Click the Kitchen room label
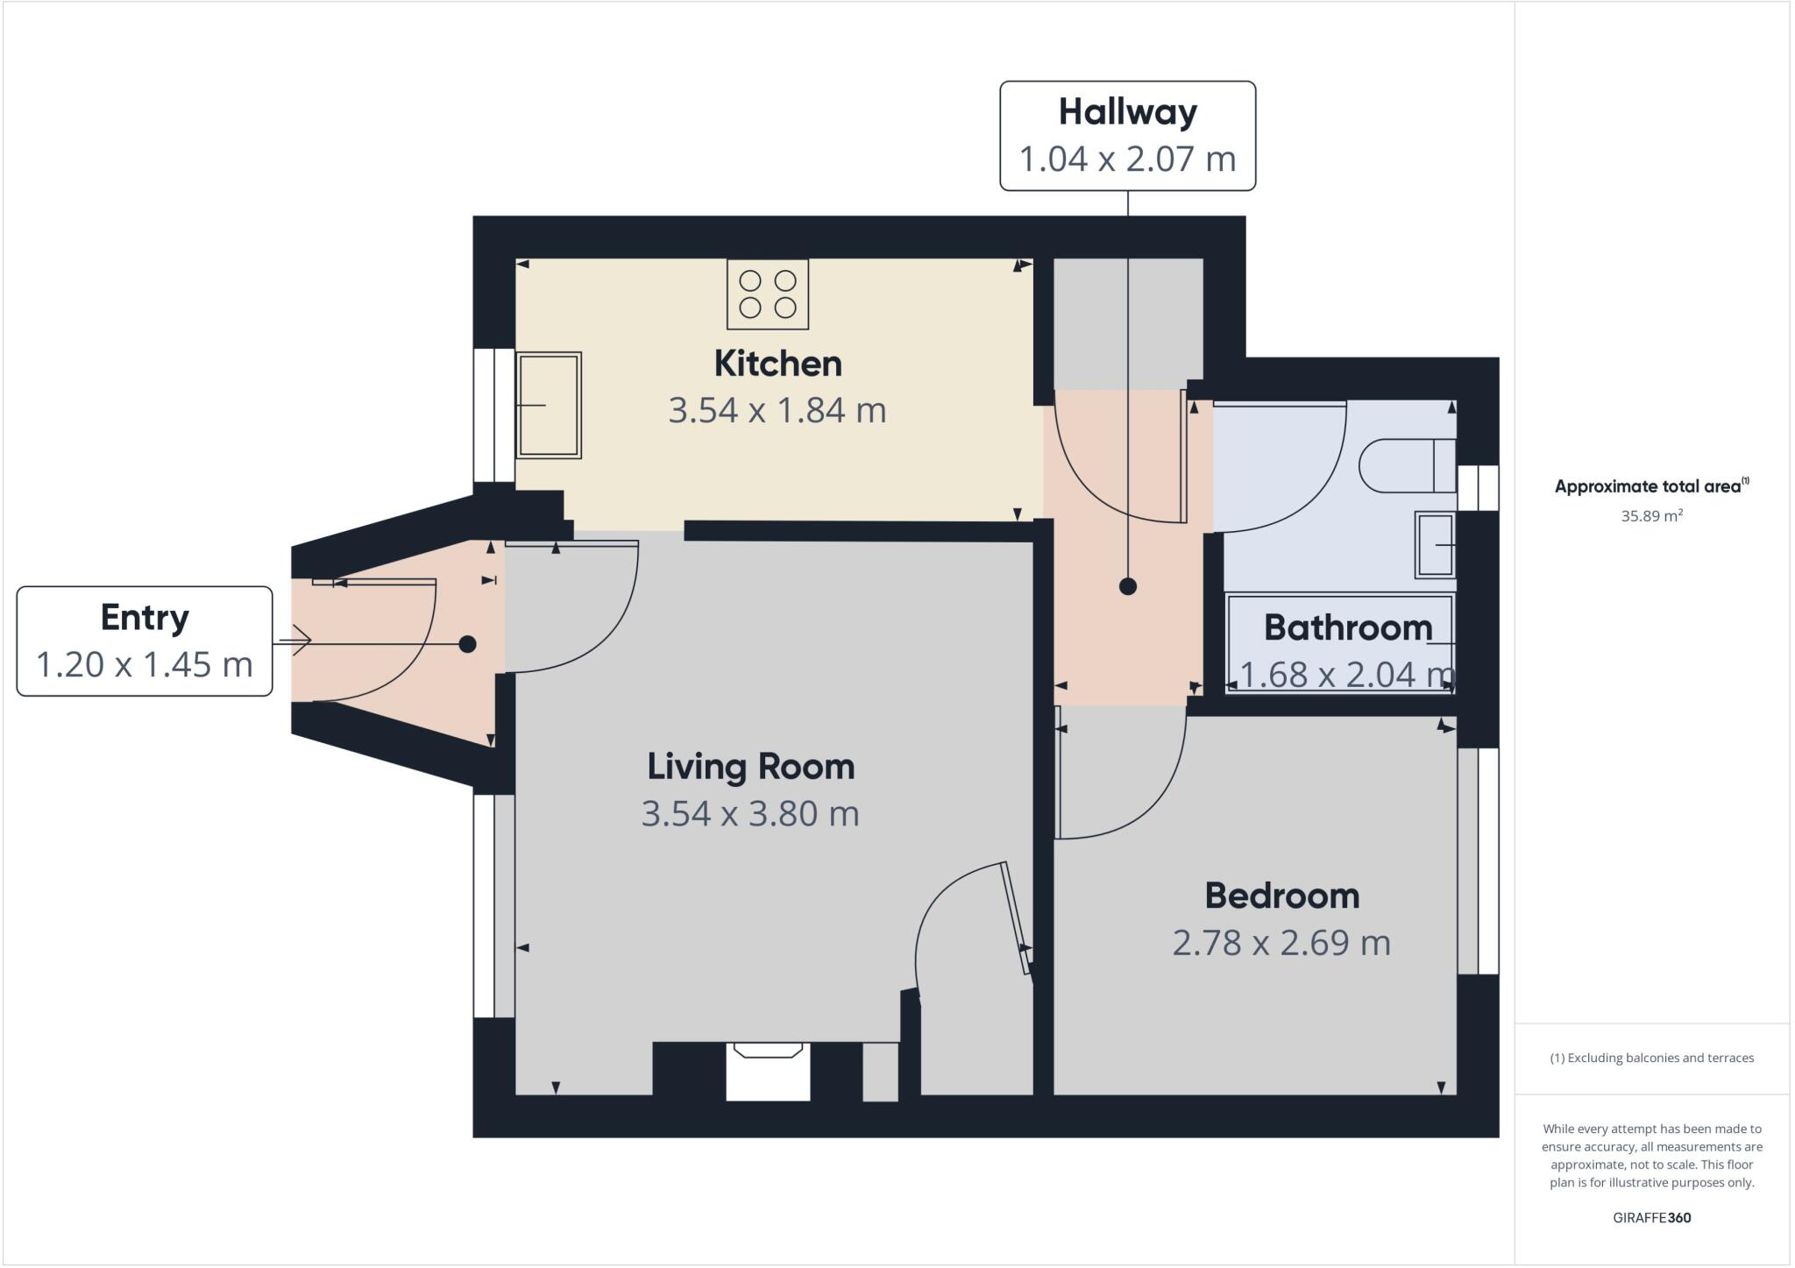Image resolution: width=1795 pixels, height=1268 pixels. click(x=777, y=364)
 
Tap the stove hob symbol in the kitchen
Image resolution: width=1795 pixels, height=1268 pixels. click(x=768, y=294)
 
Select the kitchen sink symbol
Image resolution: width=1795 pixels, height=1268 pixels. click(x=549, y=405)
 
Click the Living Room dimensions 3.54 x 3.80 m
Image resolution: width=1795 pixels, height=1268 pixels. click(x=750, y=813)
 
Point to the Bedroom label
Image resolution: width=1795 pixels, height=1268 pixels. click(x=1281, y=896)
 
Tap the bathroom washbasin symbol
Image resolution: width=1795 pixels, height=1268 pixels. click(x=1435, y=545)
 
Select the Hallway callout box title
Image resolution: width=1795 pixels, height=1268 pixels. click(x=1127, y=112)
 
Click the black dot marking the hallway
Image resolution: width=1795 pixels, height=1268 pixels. click(x=1128, y=587)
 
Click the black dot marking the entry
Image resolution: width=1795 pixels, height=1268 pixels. click(x=467, y=644)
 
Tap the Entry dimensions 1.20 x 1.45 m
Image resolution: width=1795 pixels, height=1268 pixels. click(x=145, y=665)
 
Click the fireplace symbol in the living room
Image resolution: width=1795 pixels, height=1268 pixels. click(x=768, y=1070)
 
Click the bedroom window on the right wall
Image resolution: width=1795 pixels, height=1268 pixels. click(x=1479, y=861)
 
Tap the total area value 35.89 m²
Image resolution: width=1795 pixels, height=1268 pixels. click(x=1651, y=516)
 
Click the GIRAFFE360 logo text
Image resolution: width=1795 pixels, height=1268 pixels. click(x=1651, y=1218)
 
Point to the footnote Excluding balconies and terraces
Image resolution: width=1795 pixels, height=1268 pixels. click(x=1651, y=1058)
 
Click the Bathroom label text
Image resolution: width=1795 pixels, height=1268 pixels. click(x=1347, y=627)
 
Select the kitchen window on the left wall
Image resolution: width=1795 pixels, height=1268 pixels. click(x=494, y=415)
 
